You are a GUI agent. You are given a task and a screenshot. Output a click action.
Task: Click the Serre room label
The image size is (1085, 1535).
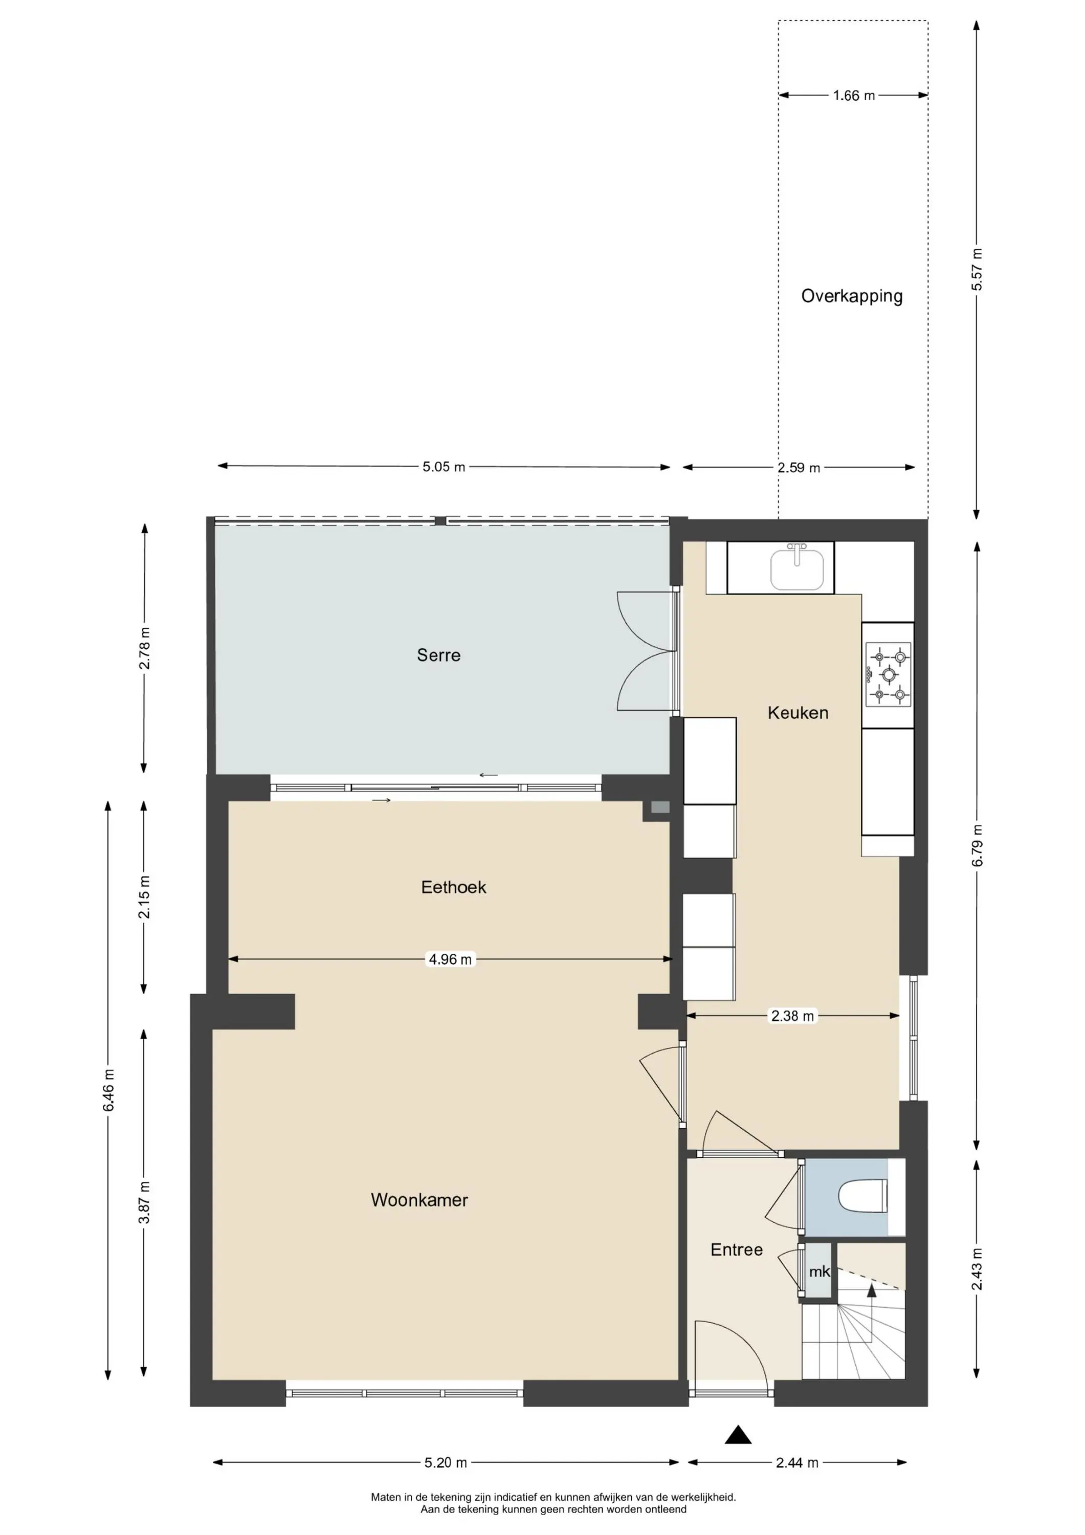click(438, 655)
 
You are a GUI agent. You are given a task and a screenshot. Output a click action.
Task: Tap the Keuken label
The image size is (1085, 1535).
click(798, 713)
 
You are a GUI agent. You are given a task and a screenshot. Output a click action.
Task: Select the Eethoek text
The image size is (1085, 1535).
click(453, 887)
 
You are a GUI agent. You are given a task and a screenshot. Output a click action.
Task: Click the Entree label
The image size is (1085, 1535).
click(736, 1249)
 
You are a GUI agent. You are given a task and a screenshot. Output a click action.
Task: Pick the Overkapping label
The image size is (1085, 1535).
click(852, 296)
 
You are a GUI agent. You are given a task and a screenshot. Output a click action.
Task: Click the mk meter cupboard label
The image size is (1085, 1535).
click(819, 1271)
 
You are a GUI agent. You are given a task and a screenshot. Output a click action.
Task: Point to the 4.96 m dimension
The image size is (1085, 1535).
click(450, 959)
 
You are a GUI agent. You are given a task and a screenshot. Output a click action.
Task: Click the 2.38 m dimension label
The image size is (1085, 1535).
click(792, 1016)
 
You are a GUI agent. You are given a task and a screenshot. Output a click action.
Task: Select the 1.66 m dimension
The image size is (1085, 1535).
click(854, 96)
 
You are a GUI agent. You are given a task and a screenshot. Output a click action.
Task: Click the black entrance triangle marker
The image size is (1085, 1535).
click(738, 1434)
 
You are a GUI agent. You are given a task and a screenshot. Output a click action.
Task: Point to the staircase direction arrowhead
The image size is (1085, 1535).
click(871, 1289)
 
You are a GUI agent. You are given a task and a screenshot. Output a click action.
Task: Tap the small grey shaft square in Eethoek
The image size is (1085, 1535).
click(660, 807)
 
